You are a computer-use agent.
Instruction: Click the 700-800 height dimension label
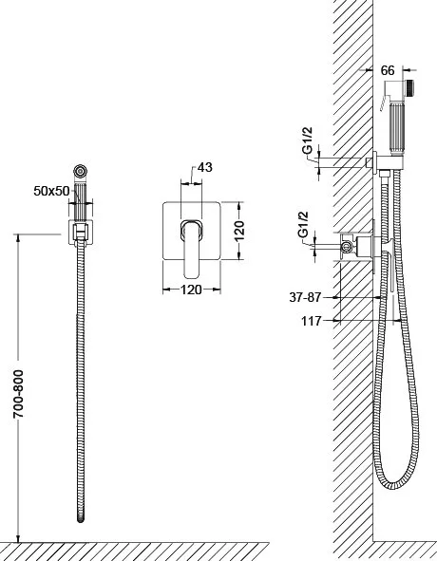[18, 394]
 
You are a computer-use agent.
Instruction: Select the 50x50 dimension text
[51, 191]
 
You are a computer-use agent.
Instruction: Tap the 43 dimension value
[205, 167]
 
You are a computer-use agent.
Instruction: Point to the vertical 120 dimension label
[239, 231]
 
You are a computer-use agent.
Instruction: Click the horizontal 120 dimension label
[191, 290]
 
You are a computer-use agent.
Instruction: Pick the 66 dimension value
[388, 70]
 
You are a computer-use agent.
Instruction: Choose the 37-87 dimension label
[305, 297]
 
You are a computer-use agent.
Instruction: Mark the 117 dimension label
[312, 321]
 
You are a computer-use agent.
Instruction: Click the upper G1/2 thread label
[308, 140]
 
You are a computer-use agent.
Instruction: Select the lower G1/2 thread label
[303, 224]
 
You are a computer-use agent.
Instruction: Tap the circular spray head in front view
[81, 171]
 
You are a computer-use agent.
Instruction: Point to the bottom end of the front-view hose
[81, 519]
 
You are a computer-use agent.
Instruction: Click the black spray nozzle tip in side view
[409, 88]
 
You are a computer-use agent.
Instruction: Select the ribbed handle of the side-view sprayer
[396, 128]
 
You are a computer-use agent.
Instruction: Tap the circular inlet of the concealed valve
[346, 246]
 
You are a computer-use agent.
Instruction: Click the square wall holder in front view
[81, 233]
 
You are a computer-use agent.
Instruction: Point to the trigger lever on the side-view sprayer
[382, 103]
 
